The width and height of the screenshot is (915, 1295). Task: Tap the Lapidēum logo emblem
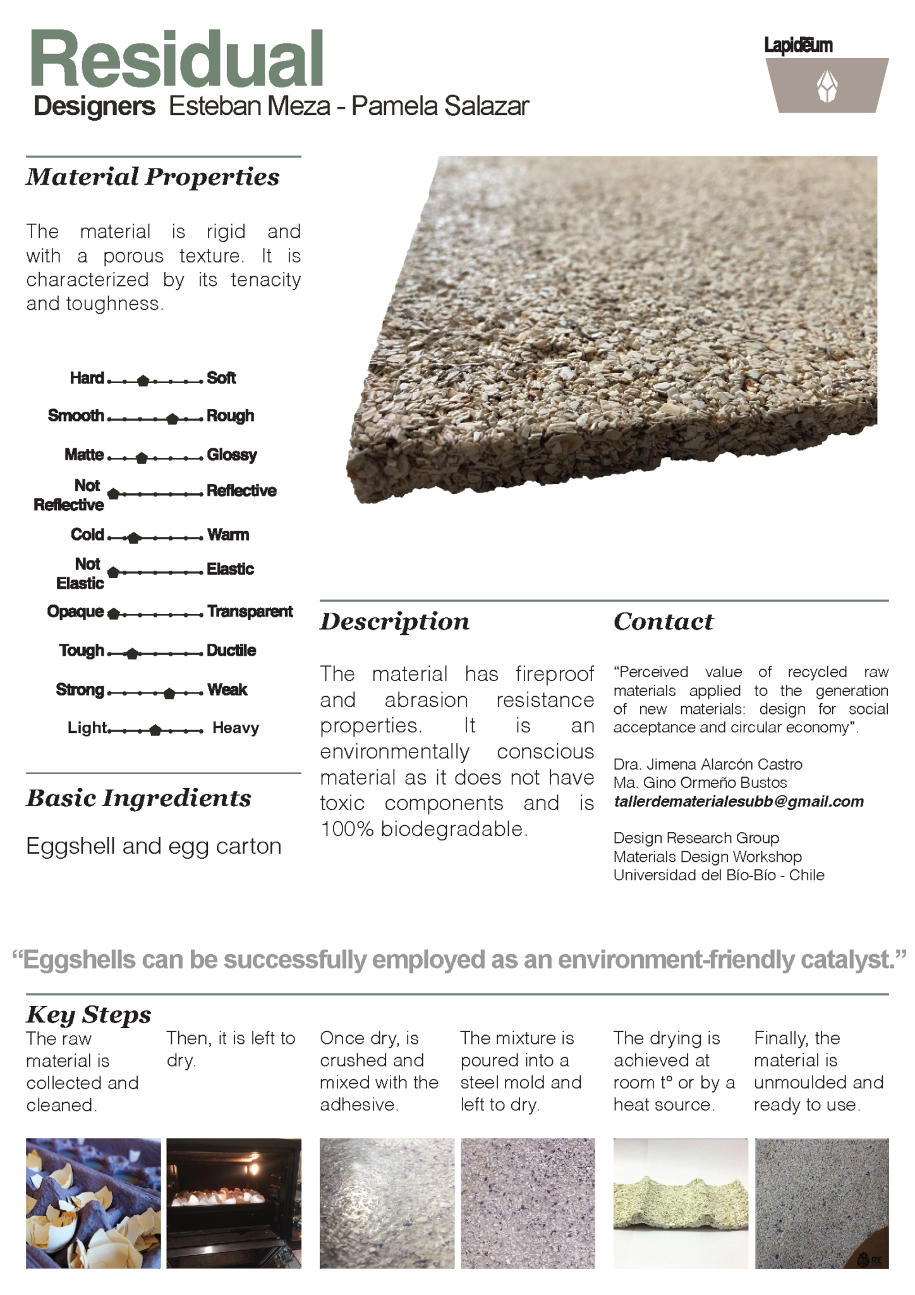pos(827,85)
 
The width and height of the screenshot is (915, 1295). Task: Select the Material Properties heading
pos(152,177)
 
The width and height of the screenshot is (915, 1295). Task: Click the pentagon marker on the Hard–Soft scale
pos(143,381)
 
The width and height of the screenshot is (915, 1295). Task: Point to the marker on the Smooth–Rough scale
pos(173,419)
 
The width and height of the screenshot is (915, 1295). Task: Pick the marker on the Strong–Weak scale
pos(169,693)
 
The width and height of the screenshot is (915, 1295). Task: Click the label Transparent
pos(250,611)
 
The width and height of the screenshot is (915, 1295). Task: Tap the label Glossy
pos(232,455)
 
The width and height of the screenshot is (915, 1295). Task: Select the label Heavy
pos(236,728)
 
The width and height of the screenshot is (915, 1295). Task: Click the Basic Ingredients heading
pos(139,798)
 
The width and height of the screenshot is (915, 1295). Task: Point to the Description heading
pos(395,622)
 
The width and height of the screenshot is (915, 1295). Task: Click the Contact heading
pos(664,622)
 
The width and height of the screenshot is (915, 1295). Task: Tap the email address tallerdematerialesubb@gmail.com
pos(738,801)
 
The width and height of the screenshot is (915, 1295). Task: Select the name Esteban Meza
pos(250,106)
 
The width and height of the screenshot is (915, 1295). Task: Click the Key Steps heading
pos(89,1014)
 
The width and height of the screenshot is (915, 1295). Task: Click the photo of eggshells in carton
pos(94,1203)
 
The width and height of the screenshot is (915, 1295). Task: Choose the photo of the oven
pos(234,1203)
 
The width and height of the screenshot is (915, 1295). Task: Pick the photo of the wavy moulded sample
pos(681,1203)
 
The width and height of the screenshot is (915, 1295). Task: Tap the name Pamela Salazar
pos(440,106)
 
